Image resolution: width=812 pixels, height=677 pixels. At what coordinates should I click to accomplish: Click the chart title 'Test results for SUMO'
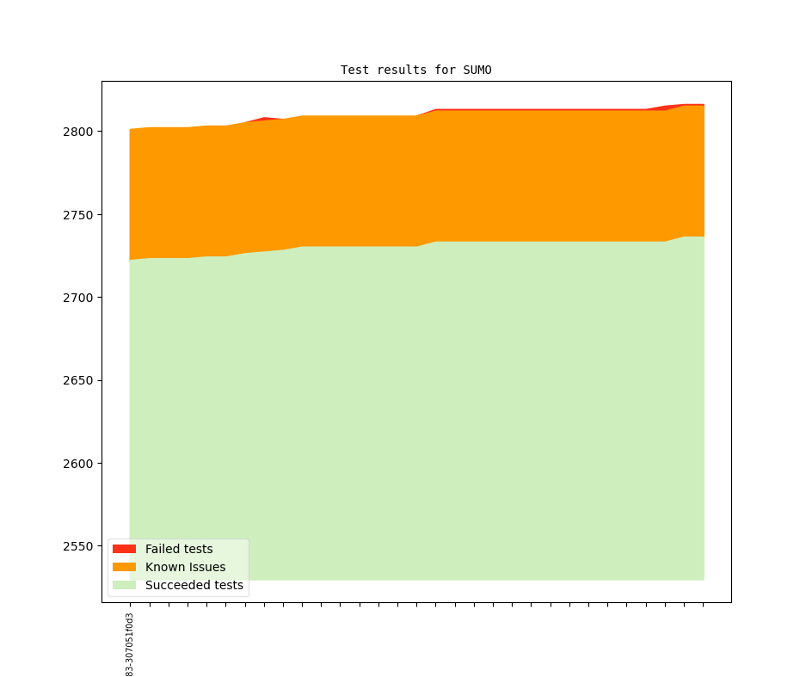tap(416, 70)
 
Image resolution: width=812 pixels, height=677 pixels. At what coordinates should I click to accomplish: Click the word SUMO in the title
tap(477, 70)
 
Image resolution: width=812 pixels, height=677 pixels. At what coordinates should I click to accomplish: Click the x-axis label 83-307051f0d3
tap(130, 644)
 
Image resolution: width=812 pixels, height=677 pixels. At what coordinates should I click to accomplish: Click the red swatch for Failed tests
tap(124, 549)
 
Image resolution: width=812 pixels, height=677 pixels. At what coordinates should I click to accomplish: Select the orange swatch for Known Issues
tap(124, 567)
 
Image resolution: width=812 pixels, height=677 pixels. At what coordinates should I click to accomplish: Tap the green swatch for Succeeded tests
tap(124, 585)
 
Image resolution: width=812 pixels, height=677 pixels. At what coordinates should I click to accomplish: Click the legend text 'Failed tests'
tap(179, 549)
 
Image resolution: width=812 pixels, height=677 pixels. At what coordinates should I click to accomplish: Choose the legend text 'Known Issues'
tap(185, 567)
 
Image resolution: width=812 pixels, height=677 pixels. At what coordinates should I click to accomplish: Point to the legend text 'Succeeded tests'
tap(194, 585)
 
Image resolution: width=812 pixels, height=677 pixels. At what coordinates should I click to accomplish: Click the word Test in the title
tap(355, 70)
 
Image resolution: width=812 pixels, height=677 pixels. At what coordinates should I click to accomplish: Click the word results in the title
tap(402, 70)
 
